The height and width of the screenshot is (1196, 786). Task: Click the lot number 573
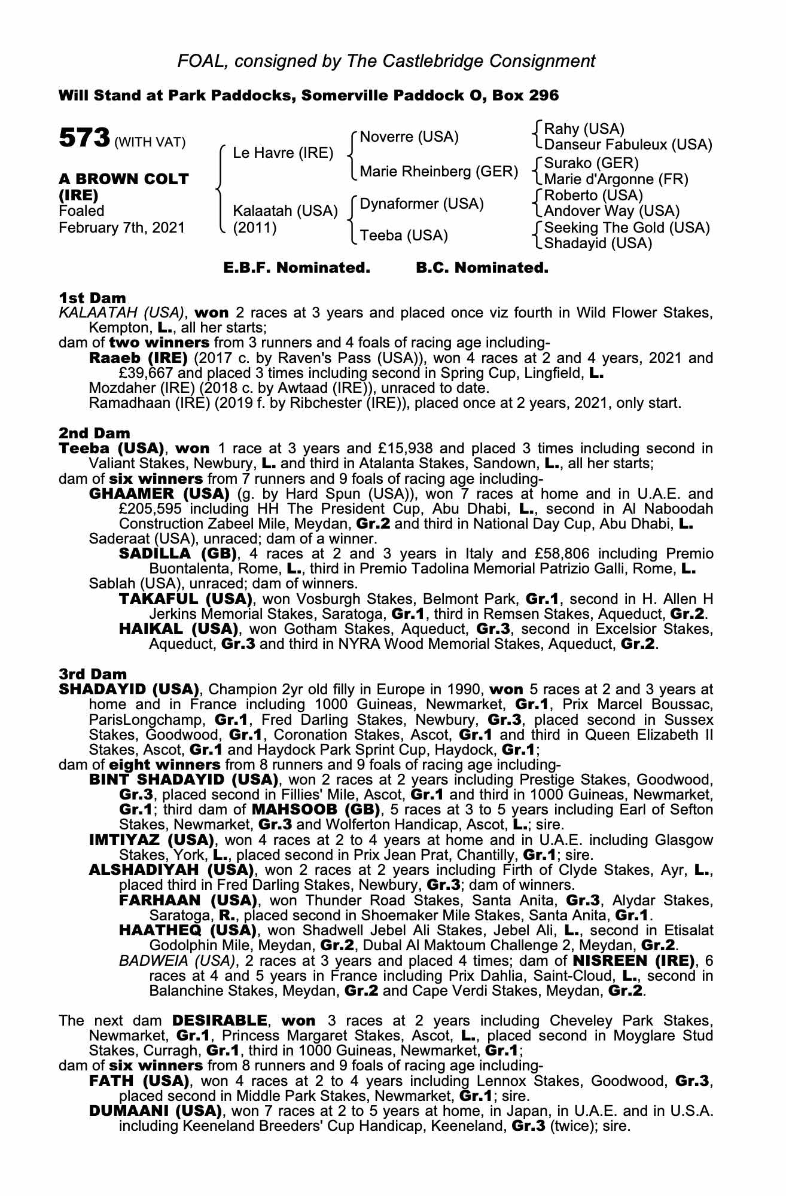(84, 139)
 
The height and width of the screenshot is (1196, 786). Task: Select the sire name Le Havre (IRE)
(283, 153)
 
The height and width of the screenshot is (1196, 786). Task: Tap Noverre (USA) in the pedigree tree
(409, 137)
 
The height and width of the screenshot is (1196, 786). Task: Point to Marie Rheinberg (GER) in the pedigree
(438, 172)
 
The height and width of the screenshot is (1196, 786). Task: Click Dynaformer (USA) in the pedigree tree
(421, 204)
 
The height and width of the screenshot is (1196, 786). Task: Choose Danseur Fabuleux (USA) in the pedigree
(628, 145)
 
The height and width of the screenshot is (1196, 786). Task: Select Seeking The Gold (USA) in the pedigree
(627, 228)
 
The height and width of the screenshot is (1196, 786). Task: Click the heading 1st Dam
(92, 297)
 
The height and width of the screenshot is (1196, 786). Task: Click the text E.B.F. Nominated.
(297, 268)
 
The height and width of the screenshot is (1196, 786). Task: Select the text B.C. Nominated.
(482, 268)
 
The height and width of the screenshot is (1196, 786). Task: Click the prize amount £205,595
(154, 509)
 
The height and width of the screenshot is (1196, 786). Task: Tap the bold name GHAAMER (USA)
(159, 494)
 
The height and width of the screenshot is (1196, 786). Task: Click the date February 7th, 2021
(122, 228)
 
